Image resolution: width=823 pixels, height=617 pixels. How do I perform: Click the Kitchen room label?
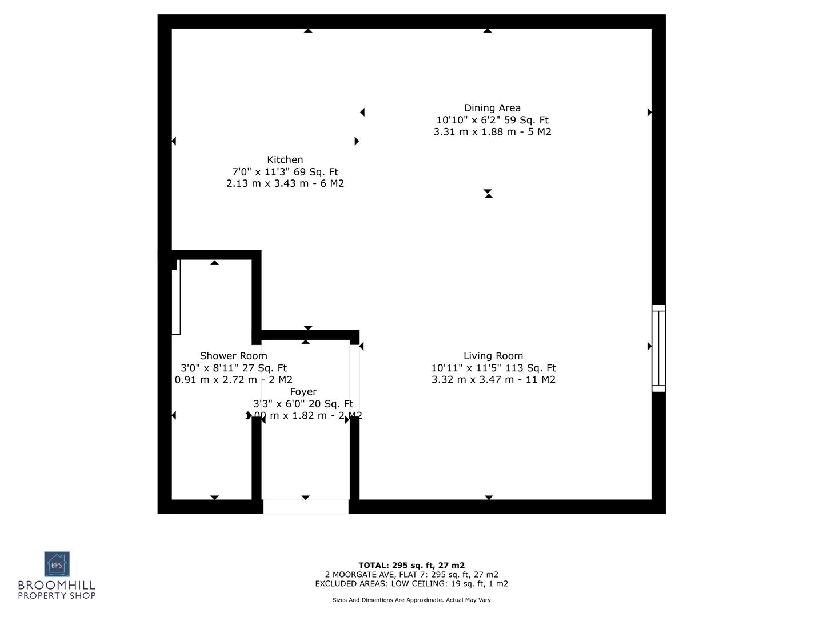(x=285, y=160)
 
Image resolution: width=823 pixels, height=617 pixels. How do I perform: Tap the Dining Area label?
(x=492, y=108)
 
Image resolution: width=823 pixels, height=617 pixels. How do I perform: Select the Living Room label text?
(x=493, y=356)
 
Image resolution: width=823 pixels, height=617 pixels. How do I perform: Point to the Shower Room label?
(x=233, y=356)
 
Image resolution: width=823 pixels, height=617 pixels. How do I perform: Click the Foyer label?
(x=303, y=392)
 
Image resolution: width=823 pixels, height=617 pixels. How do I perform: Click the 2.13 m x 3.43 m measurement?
(x=285, y=183)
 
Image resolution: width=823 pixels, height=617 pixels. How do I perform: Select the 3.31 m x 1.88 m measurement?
(x=492, y=132)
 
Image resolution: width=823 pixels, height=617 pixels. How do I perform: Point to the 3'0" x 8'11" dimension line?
(x=233, y=368)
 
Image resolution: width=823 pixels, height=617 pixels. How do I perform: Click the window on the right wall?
(x=658, y=348)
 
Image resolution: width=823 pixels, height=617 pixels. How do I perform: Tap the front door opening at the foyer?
(x=306, y=507)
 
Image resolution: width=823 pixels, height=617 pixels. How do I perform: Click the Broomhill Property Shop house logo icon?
(x=57, y=564)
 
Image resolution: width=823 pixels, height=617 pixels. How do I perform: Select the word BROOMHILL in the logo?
(x=57, y=586)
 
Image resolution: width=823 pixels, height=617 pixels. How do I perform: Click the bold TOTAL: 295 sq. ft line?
(x=411, y=566)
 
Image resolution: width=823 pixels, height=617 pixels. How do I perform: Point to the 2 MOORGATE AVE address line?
(x=411, y=575)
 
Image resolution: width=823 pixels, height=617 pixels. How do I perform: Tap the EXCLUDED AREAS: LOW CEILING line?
(x=411, y=584)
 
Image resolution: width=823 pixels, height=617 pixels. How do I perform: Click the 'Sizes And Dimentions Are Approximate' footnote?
(x=411, y=600)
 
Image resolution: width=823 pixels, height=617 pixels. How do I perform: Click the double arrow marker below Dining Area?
(x=488, y=194)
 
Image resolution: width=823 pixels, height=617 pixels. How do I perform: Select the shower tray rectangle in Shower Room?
(x=177, y=297)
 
